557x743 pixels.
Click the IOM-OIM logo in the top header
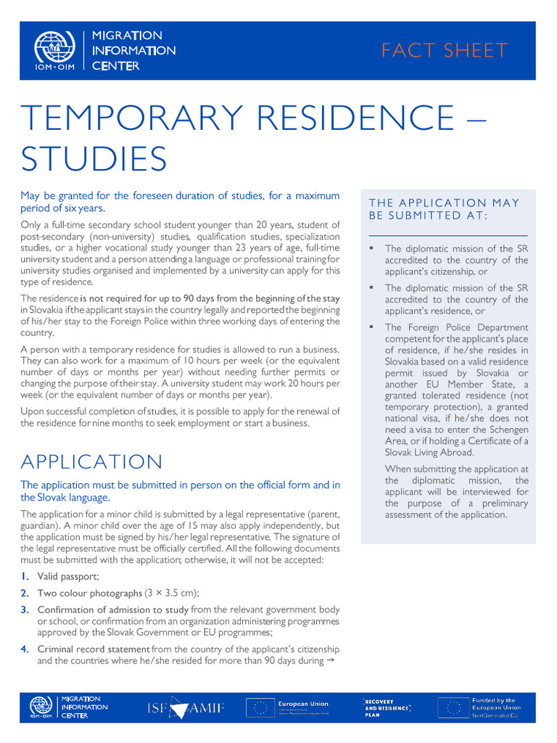point(54,51)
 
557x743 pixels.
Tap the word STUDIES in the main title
point(94,159)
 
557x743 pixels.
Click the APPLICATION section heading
point(92,462)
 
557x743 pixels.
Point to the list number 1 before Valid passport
point(25,576)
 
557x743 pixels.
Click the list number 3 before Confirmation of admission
point(25,609)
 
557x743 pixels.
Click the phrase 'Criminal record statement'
point(94,649)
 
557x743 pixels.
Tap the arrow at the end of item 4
point(331,661)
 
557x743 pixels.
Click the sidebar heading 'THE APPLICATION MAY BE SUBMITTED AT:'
point(444,209)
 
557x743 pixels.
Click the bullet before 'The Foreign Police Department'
point(371,327)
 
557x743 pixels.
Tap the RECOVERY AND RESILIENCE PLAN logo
point(387,708)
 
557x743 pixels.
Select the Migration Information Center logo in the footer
point(69,708)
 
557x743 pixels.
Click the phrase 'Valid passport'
point(68,576)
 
